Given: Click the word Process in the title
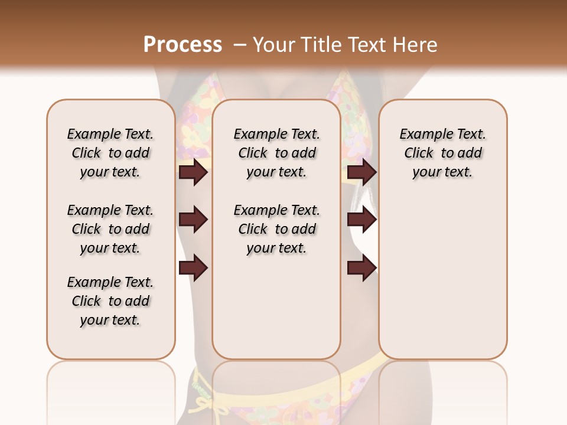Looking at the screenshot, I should click(x=183, y=45).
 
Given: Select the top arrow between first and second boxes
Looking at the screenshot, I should click(x=193, y=172).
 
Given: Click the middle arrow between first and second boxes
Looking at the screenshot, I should click(x=193, y=220).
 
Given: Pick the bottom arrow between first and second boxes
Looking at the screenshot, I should click(x=193, y=268).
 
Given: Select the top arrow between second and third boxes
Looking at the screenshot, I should click(x=361, y=172).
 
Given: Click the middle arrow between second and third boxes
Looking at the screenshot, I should click(x=361, y=220).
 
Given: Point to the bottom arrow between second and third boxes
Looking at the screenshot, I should click(x=361, y=268).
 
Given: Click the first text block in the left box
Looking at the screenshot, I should click(x=110, y=153).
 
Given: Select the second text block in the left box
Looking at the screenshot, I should click(x=110, y=229).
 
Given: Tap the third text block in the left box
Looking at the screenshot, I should click(x=110, y=301).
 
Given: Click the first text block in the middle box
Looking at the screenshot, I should click(x=276, y=153).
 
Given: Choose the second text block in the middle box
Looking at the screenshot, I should click(x=276, y=229).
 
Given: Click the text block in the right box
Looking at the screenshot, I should click(x=442, y=153).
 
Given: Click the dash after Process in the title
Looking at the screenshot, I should click(x=240, y=45).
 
